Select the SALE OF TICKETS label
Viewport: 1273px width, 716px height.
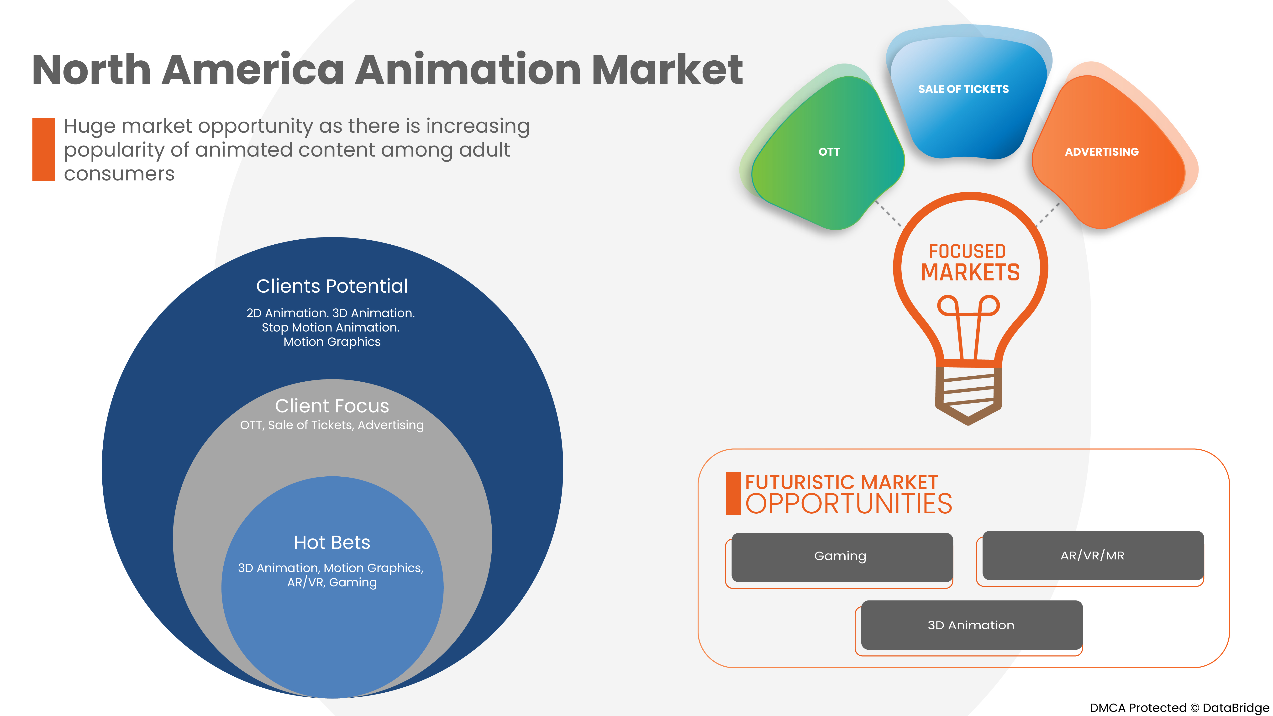[963, 89]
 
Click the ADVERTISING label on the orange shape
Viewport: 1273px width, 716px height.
[1101, 152]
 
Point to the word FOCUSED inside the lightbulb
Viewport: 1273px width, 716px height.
[967, 251]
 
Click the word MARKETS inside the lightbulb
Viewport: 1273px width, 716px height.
[970, 272]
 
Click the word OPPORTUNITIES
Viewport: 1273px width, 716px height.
[848, 504]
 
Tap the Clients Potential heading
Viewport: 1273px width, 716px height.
[332, 286]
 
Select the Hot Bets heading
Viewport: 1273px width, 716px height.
[332, 542]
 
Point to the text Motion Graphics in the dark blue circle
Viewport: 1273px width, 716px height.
[332, 342]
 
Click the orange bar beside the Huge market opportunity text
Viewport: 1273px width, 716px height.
[43, 149]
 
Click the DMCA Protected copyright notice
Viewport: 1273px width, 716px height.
[1179, 708]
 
